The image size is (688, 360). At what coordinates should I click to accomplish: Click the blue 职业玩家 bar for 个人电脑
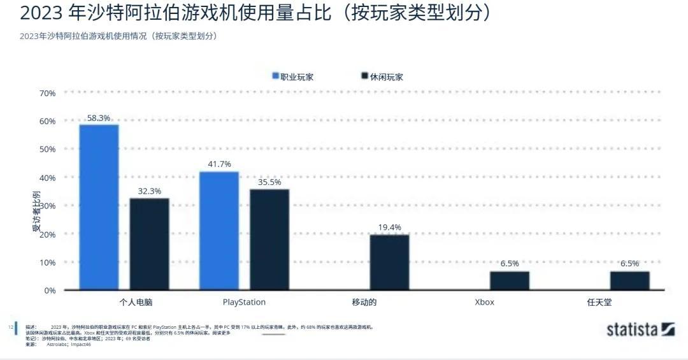99,207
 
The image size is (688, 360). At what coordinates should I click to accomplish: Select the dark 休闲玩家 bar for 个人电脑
149,244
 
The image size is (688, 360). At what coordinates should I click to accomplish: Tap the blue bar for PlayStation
219,231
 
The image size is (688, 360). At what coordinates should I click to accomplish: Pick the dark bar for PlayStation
269,240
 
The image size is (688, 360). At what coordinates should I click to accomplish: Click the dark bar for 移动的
389,262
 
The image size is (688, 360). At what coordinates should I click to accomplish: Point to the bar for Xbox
509,280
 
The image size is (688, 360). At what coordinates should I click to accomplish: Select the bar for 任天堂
629,280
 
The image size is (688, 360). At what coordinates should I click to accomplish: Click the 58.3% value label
99,118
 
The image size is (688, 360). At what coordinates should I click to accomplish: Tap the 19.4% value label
389,227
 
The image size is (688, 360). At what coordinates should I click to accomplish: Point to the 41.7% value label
219,164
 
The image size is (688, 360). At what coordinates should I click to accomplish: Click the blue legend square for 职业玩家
276,76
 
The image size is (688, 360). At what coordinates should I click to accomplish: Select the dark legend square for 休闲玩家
365,76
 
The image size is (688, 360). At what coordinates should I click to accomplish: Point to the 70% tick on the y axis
47,93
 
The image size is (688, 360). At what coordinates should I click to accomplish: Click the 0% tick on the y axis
49,291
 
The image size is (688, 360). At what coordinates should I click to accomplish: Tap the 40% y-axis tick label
47,177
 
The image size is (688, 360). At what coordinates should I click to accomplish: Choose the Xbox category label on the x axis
484,302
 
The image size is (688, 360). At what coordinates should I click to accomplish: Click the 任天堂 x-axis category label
599,302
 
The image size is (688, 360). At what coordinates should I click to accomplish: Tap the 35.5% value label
269,182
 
